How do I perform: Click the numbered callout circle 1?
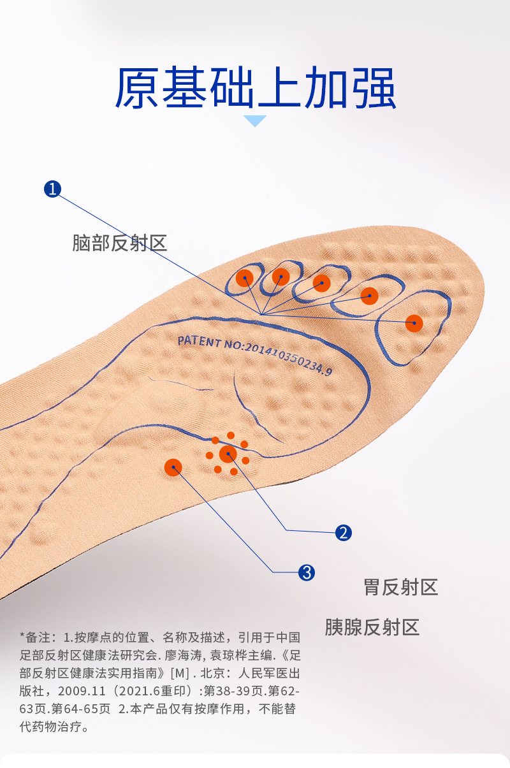click(52, 189)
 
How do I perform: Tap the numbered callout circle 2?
click(344, 533)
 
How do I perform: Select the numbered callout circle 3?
click(307, 572)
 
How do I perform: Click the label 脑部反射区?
click(120, 243)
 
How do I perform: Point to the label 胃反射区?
click(401, 587)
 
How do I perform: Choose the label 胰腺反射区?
click(372, 627)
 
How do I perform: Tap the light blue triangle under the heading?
click(256, 120)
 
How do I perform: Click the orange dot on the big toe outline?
click(414, 323)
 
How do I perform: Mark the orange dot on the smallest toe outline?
click(245, 278)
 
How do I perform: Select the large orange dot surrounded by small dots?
click(228, 454)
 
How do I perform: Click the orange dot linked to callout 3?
click(173, 468)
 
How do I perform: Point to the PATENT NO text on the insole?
click(254, 354)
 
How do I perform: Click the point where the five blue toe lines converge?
click(261, 314)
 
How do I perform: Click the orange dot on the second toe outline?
click(370, 295)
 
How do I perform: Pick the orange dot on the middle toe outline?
click(322, 283)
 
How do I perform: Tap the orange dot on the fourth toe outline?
click(281, 277)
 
